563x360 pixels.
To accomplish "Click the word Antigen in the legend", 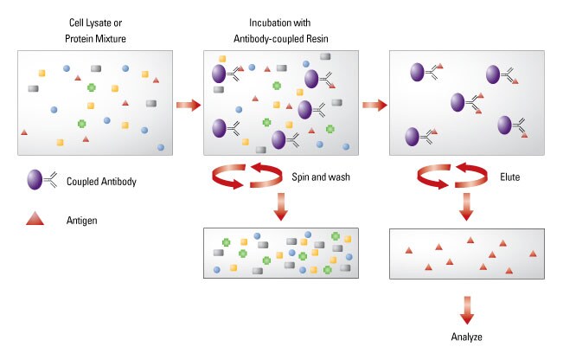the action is click(81, 220).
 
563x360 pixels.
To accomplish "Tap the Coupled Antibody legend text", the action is click(101, 182).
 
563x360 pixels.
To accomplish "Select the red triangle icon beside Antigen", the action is click(35, 218).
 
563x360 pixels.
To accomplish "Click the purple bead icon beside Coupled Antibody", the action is click(35, 180).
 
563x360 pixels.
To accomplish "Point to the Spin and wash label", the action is click(321, 177).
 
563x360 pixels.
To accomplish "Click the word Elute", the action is click(510, 177).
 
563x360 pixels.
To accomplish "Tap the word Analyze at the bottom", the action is click(466, 337).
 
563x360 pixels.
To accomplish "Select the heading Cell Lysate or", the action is click(95, 23).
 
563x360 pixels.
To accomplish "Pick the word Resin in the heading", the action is click(317, 39).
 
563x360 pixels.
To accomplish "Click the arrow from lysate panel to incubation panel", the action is click(189, 105).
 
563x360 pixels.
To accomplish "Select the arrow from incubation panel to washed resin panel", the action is click(374, 105).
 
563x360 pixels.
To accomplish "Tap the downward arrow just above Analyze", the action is click(467, 311).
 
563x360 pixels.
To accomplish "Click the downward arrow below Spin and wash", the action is click(281, 207).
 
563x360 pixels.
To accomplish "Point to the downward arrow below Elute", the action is click(466, 207).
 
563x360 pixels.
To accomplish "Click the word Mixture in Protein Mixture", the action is click(111, 39).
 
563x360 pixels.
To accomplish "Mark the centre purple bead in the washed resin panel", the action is click(457, 102).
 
